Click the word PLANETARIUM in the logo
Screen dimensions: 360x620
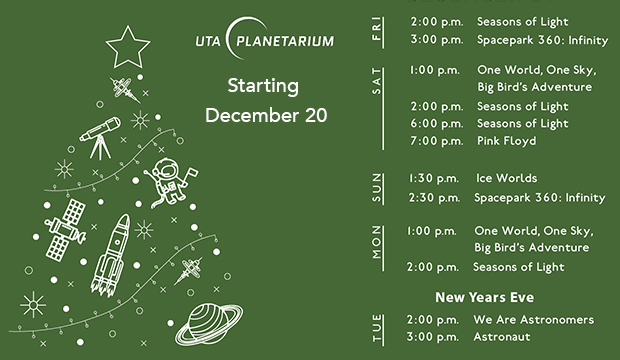click(x=286, y=42)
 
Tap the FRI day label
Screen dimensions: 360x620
click(x=376, y=31)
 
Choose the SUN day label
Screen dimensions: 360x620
click(x=377, y=188)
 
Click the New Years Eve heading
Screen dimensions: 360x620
click(x=484, y=297)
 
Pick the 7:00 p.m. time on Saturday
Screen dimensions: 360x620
click(x=436, y=141)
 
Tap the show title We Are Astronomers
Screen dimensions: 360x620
click(x=533, y=320)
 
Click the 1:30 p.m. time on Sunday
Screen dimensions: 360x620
click(x=433, y=178)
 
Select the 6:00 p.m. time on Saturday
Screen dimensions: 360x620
click(x=436, y=123)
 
